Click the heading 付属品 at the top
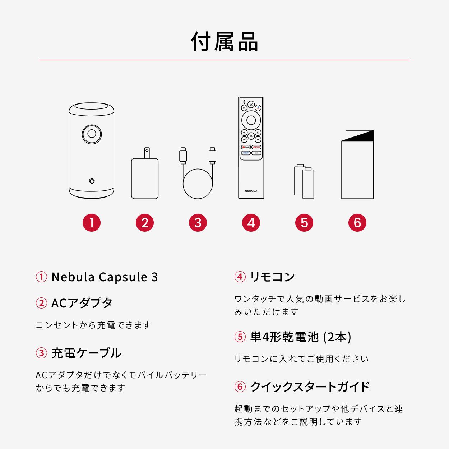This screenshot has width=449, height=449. pos(224,41)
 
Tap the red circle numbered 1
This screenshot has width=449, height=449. pos(92,223)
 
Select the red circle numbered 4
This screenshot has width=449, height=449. pos(251,223)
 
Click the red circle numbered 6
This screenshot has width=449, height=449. pos(357,223)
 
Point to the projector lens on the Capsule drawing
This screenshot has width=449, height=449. pos(92,134)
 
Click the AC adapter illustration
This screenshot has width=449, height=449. pos(145,178)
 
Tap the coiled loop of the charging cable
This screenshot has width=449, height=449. pos(198,182)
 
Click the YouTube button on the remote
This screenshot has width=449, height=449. pos(246,147)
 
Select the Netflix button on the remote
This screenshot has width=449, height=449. pos(256,147)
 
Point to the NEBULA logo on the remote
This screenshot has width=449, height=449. pos(251,191)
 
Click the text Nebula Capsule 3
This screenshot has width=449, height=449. pos(105,277)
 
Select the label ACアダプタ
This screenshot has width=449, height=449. pos(82,303)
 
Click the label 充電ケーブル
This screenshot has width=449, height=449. pos(86,353)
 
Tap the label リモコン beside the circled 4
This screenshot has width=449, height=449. pos(272,277)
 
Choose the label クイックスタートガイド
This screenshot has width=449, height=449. pos(310,386)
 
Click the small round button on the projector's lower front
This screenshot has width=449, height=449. pos(92,181)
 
